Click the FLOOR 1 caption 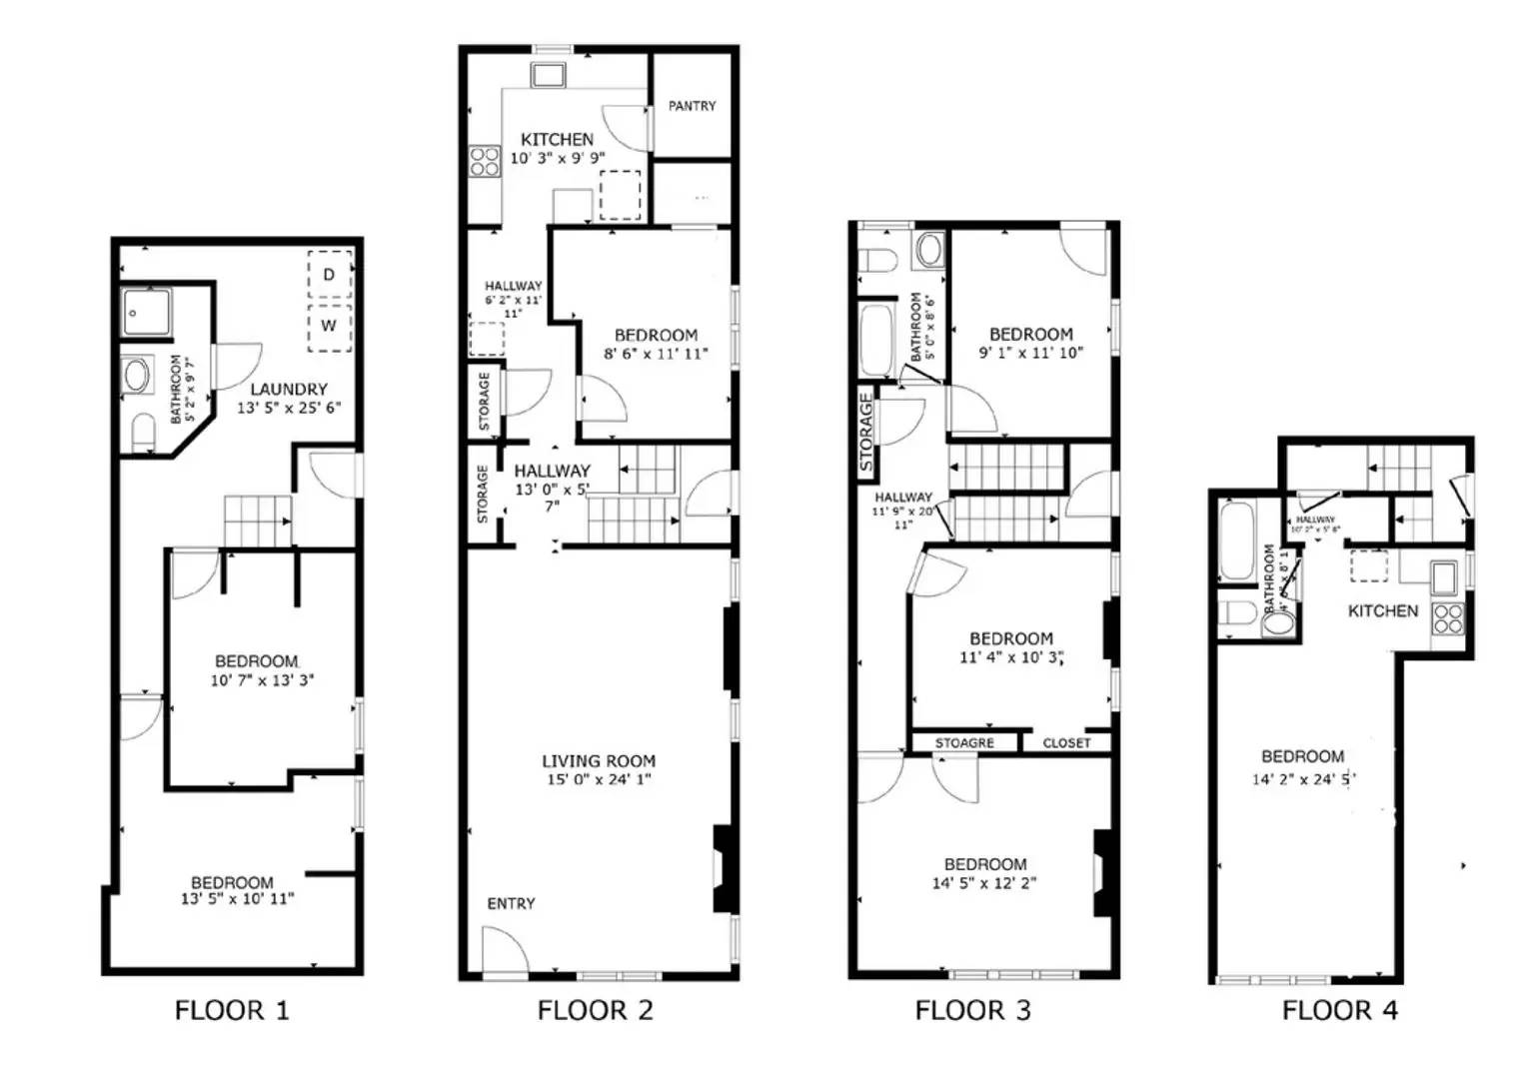[x=232, y=1011]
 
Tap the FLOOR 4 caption [x=1339, y=1011]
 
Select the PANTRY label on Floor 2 [x=692, y=106]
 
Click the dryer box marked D [x=329, y=275]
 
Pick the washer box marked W [x=329, y=327]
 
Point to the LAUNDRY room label [x=289, y=390]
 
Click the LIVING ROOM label [x=599, y=761]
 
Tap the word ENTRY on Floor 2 [x=511, y=904]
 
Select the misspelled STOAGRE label [x=964, y=743]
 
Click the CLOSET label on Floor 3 [x=1066, y=743]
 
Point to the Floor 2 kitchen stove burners [x=485, y=161]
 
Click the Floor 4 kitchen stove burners [x=1448, y=618]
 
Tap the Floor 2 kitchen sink [x=548, y=75]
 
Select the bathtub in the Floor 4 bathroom [x=1236, y=541]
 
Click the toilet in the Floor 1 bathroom [x=144, y=432]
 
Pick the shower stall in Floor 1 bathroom [x=146, y=313]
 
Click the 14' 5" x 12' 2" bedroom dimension [x=984, y=883]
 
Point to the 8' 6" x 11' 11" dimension [x=656, y=354]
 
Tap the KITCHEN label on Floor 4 [x=1382, y=611]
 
